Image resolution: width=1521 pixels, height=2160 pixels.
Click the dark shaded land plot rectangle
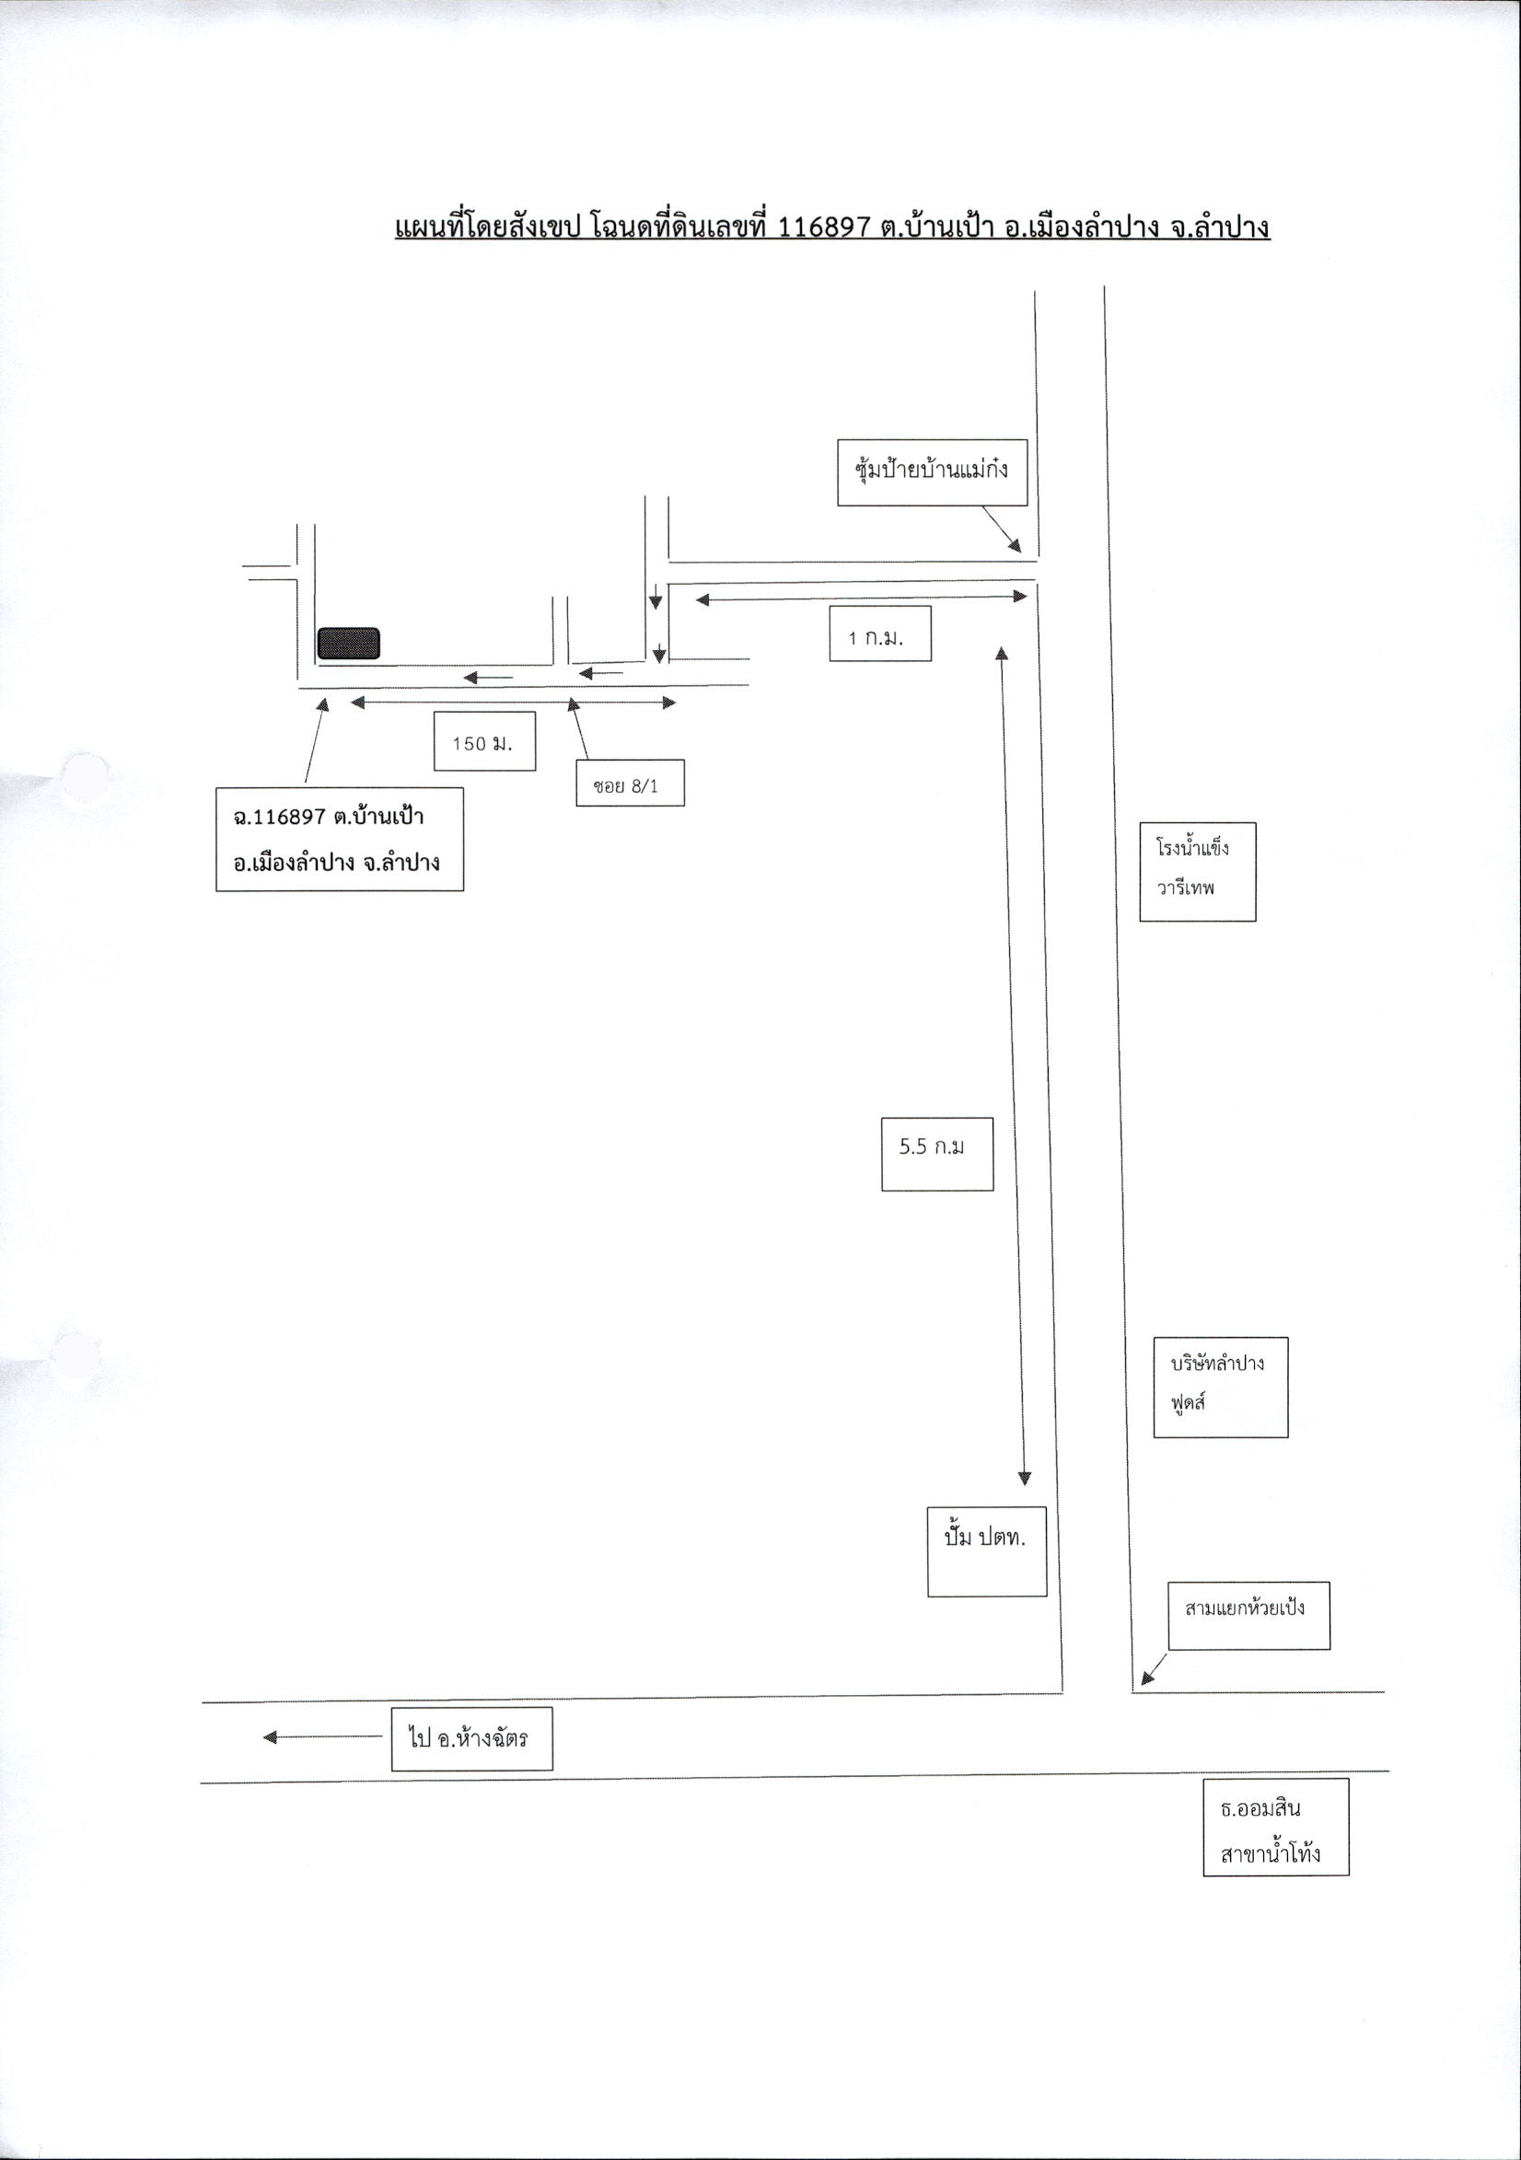[x=348, y=643]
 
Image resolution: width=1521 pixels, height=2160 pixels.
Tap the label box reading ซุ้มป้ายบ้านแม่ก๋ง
[x=931, y=472]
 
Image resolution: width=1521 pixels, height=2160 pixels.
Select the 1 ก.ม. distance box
[x=879, y=634]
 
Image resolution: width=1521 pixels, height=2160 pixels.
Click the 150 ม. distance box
[x=484, y=741]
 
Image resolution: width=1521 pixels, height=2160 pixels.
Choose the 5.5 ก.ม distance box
[x=937, y=1154]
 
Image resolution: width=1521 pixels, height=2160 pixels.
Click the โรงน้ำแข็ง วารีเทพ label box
[x=1198, y=871]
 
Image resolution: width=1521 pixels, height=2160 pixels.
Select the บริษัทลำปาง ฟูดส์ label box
[x=1220, y=1387]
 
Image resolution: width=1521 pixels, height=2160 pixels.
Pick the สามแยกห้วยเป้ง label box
[x=1249, y=1615]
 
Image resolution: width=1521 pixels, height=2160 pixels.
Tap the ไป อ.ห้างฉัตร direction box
[x=471, y=1738]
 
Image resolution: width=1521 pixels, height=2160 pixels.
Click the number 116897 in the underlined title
[x=823, y=227]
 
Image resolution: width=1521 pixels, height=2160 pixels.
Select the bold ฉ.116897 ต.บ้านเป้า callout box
[x=340, y=838]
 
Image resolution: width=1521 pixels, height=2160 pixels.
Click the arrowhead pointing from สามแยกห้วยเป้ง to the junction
[x=1146, y=1676]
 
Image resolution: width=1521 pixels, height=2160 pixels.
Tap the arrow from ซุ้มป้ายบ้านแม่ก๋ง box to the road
[x=1002, y=528]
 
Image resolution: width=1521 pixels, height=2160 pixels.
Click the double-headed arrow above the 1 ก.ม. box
[x=861, y=597]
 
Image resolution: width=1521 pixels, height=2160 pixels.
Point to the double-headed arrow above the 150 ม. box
[x=513, y=702]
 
